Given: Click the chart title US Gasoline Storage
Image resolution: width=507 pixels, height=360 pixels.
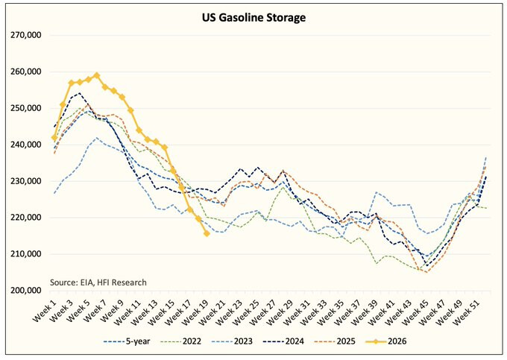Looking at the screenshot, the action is [x=253, y=17].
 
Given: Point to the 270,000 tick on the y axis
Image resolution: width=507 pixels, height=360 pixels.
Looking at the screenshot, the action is [x=26, y=35].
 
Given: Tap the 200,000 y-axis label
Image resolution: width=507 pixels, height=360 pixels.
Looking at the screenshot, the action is [x=26, y=290].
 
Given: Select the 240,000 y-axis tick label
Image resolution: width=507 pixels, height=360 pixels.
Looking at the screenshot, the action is [x=26, y=145].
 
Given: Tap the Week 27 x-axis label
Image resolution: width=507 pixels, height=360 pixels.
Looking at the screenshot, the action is [x=263, y=312].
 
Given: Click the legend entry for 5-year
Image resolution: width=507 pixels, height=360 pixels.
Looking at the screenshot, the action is [x=127, y=341].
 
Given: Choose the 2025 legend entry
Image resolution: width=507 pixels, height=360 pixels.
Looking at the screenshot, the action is [x=334, y=341].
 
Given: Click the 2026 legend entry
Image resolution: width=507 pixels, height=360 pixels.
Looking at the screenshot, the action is [x=385, y=341].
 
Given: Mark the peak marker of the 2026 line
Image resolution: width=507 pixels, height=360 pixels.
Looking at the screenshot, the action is [x=96, y=76].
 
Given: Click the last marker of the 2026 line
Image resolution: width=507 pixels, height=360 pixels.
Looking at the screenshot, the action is [x=207, y=233].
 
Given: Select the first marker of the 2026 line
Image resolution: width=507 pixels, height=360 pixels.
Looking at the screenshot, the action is [x=54, y=138].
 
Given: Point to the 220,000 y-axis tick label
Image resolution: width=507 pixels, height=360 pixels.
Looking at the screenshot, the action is [x=26, y=218].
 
